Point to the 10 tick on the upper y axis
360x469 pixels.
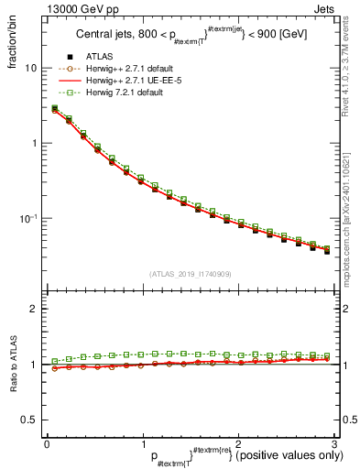pos(31,68)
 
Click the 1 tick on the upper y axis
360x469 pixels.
pos(34,143)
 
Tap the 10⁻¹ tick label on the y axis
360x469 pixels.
pos(30,218)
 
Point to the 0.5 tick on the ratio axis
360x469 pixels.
pos(31,420)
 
